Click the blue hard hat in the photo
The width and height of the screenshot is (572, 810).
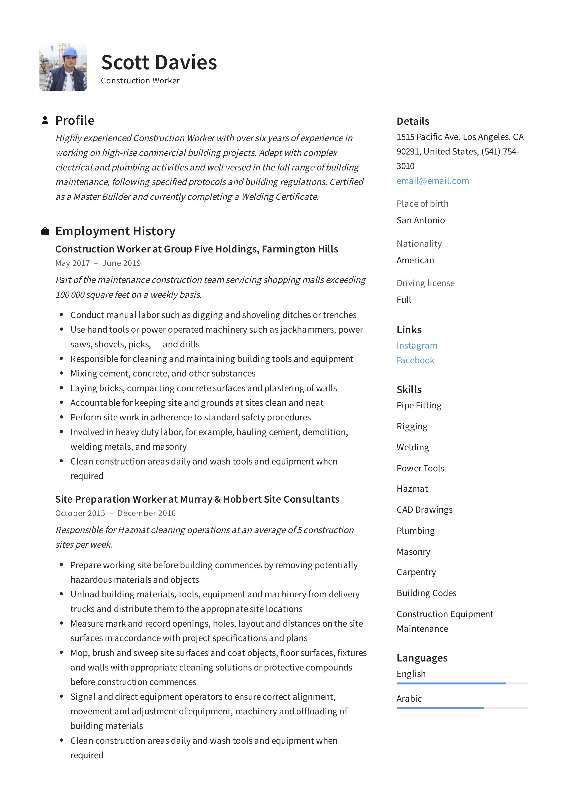point(70,52)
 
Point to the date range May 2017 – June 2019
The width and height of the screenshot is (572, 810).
point(98,263)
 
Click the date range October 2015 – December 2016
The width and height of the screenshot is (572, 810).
point(115,513)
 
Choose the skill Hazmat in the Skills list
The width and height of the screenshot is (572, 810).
point(412,489)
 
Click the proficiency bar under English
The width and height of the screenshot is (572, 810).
point(462,683)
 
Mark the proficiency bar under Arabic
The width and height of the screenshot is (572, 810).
point(462,708)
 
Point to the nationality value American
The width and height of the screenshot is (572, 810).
point(415,260)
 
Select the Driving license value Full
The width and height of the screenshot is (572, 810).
point(404,300)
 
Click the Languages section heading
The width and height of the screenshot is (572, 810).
point(422,658)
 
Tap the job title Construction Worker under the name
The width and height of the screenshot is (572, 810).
point(140,81)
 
